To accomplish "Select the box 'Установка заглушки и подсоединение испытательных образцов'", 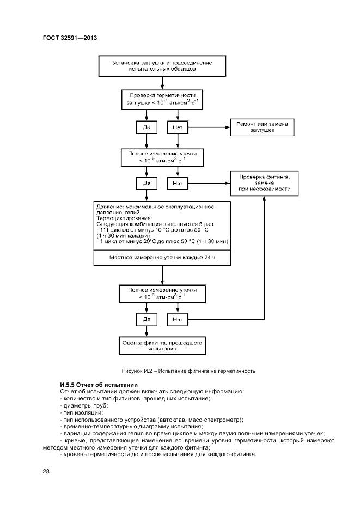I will (162, 66).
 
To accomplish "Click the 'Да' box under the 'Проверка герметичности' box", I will (146, 127).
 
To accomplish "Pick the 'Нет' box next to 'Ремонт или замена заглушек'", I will (177, 127).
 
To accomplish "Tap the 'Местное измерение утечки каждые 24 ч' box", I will (162, 257).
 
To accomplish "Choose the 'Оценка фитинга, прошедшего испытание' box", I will (162, 344).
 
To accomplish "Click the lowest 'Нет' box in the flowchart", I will (177, 319).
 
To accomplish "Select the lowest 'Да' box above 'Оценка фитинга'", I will (146, 319).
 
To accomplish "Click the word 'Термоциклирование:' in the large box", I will (121, 218).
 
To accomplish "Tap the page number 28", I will (46, 472).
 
